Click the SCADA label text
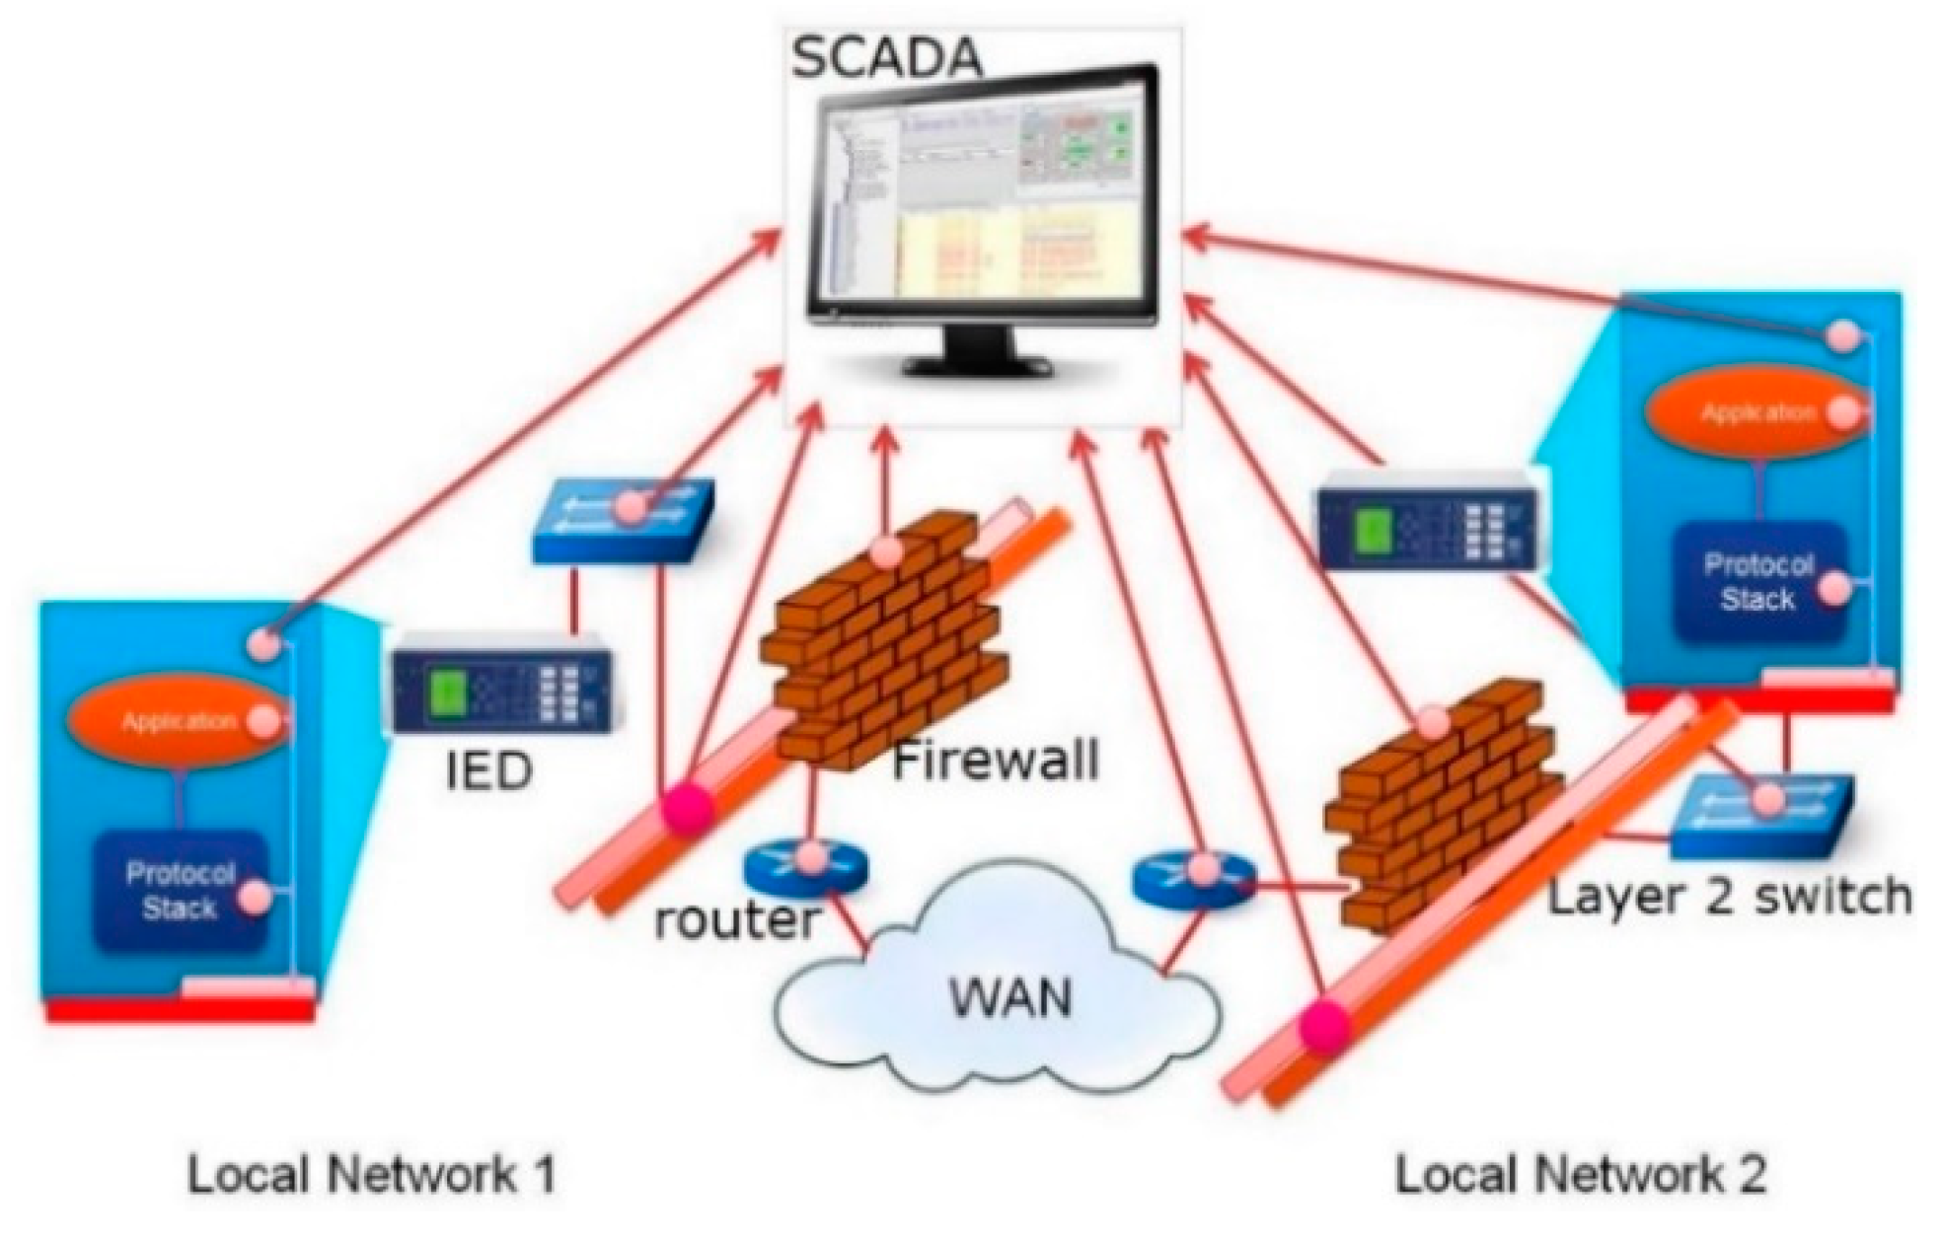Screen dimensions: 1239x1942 (886, 57)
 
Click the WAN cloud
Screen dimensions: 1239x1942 (997, 996)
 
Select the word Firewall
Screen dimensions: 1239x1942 (995, 763)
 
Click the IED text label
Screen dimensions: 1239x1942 (488, 770)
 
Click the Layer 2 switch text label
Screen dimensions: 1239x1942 (1728, 898)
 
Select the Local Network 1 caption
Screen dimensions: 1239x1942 (371, 1175)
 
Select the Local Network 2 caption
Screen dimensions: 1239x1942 (1580, 1175)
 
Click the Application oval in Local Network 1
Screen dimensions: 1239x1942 (178, 721)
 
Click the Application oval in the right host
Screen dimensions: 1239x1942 (1756, 412)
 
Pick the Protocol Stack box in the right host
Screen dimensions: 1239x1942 (1757, 582)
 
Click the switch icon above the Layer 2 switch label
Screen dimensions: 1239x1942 (1761, 814)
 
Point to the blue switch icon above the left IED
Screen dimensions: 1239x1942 (622, 520)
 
